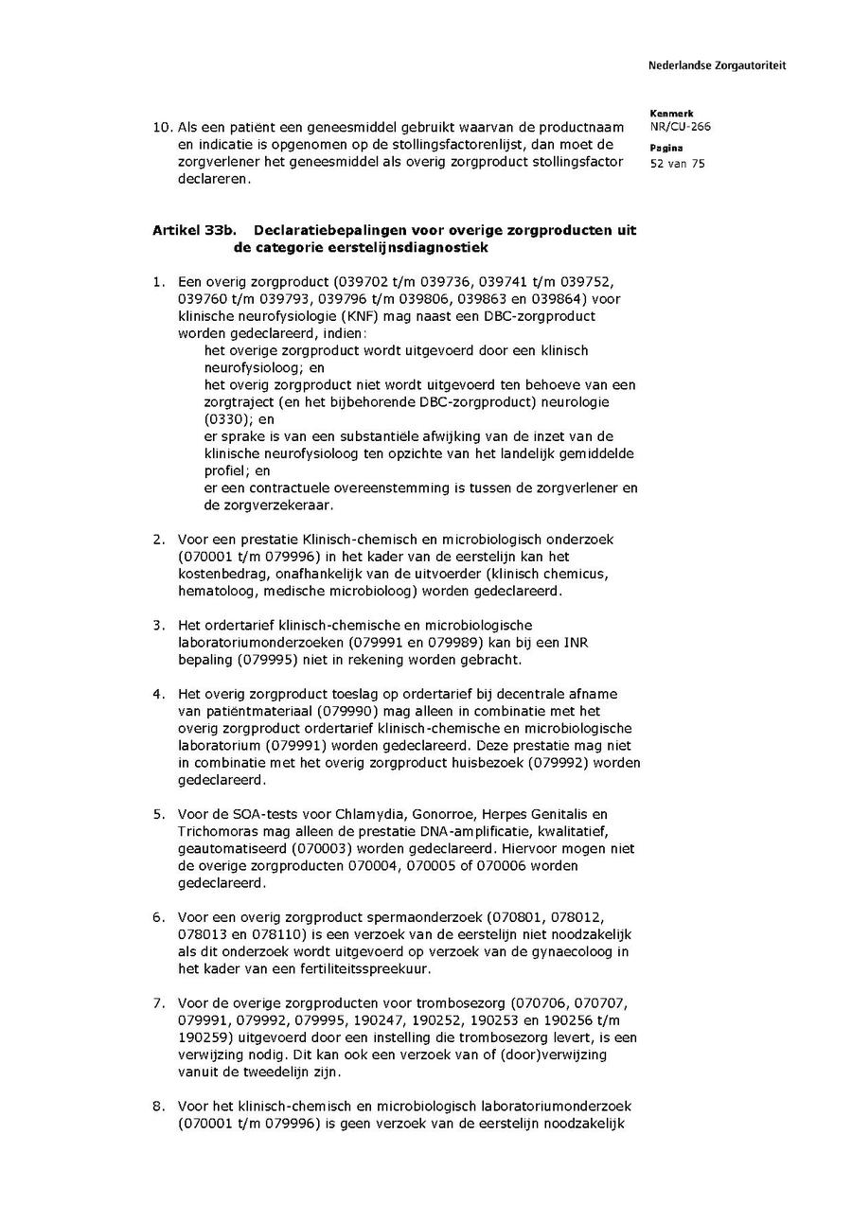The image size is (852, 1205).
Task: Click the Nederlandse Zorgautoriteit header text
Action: pyautogui.click(x=717, y=65)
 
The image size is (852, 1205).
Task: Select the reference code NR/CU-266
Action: pyautogui.click(x=681, y=127)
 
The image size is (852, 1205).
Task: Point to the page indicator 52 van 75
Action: pyautogui.click(x=678, y=163)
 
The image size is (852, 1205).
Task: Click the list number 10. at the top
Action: pyautogui.click(x=163, y=127)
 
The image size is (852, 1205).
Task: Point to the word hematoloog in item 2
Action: pyautogui.click(x=212, y=590)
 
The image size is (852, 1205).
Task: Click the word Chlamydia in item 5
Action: pyautogui.click(x=347, y=814)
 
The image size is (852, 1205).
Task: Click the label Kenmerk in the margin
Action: pyautogui.click(x=671, y=114)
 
